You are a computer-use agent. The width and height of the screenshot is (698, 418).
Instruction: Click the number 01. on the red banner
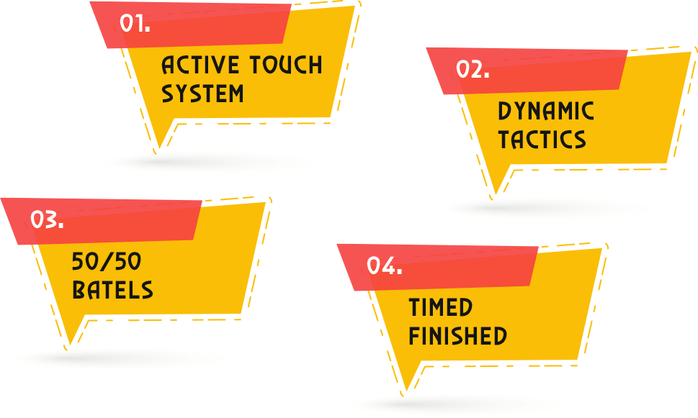135,24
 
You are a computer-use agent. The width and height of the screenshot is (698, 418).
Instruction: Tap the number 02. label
473,70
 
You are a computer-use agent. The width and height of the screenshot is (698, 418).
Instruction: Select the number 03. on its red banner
47,220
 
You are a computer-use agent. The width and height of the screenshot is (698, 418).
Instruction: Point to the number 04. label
384,266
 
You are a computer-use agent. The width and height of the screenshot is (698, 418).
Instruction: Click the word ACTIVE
200,65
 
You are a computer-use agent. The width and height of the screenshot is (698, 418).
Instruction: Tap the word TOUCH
286,65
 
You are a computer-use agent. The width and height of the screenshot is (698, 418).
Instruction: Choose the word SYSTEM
202,94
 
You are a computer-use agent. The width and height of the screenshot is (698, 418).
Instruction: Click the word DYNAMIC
546,112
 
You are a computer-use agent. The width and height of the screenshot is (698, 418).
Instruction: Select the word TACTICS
542,140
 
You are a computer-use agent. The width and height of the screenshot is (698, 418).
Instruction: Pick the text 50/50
107,262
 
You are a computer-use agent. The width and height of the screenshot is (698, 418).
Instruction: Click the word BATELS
112,291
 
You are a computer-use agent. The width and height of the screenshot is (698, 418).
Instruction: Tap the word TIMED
441,308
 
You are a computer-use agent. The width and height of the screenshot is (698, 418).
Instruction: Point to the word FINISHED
457,336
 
